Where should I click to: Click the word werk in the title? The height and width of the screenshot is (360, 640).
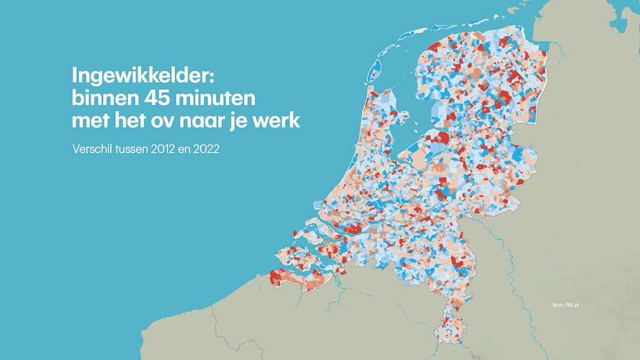click(279, 121)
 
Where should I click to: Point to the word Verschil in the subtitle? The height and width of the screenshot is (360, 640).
click(91, 151)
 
